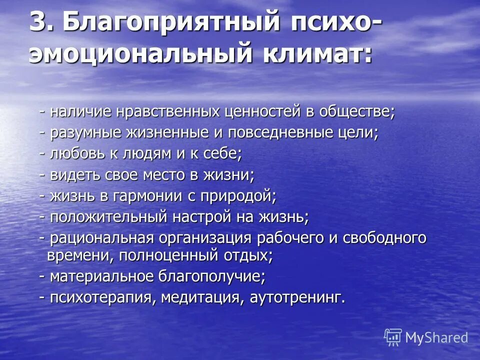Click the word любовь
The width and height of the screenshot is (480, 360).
pyautogui.click(x=77, y=154)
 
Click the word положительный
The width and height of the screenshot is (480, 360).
pyautogui.click(x=108, y=217)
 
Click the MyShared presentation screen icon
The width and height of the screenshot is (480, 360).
pyautogui.click(x=393, y=336)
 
